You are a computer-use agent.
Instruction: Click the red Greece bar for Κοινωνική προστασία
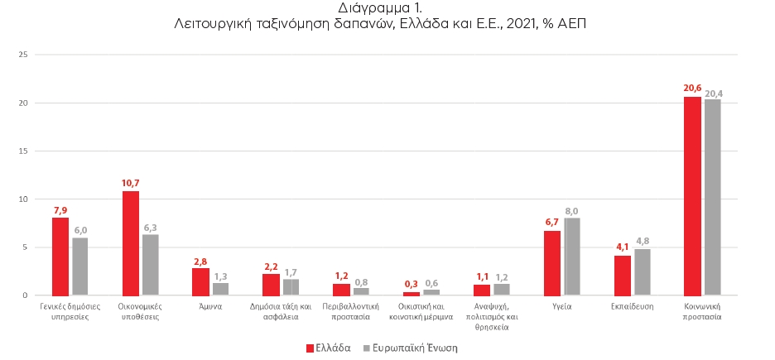[x=692, y=196]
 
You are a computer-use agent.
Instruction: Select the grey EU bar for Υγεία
[x=572, y=257]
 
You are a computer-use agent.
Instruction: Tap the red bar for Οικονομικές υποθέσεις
[x=130, y=243]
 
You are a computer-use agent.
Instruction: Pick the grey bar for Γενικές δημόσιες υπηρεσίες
[x=80, y=266]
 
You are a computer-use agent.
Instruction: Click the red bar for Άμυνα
[x=200, y=281]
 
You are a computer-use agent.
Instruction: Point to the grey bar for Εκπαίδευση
[x=643, y=271]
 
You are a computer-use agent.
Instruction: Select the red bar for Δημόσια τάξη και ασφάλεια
[x=271, y=284]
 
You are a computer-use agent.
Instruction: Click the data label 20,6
[x=692, y=89]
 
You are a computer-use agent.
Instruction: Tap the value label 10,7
[x=130, y=184]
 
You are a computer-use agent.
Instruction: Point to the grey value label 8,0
[x=573, y=211]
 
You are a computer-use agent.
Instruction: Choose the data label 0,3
[x=412, y=285]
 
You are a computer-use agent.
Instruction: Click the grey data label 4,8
[x=643, y=242]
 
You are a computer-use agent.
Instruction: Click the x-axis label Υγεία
[x=562, y=305]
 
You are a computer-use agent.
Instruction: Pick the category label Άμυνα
[x=210, y=305]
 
